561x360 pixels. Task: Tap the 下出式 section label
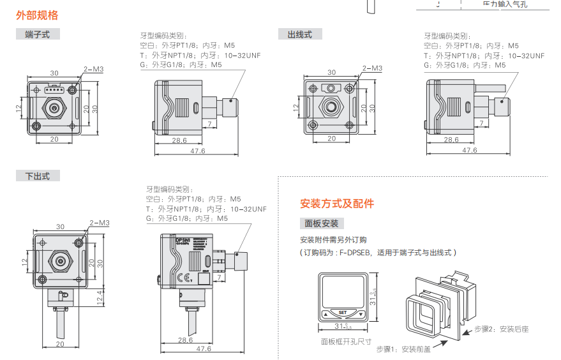37,176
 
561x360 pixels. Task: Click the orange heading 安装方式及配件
337,204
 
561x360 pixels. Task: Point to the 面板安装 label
322,223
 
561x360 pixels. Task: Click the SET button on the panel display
343,312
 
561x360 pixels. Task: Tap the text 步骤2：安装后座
501,329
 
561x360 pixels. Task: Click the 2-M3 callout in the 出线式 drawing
371,68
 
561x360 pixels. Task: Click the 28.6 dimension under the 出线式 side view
451,140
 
